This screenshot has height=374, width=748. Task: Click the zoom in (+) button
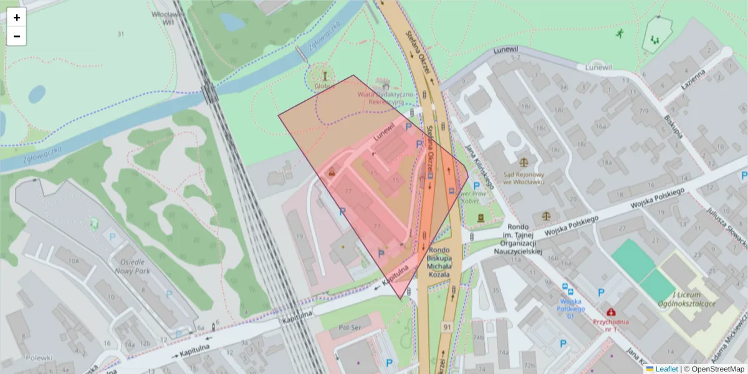(17, 17)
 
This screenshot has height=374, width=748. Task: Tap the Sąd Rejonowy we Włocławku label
(524, 178)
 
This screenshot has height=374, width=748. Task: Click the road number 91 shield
(446, 326)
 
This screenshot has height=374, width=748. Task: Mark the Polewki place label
(39, 358)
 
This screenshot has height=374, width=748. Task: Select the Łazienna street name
(693, 79)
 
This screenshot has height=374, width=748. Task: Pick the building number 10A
(74, 261)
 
